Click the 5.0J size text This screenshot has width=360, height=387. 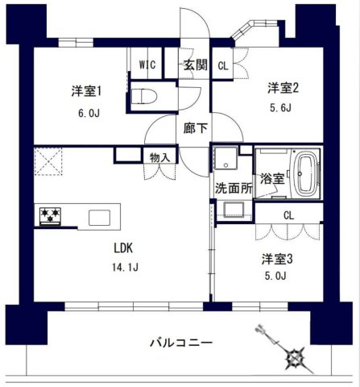278,281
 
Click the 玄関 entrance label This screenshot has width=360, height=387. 194,65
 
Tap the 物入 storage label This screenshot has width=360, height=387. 159,158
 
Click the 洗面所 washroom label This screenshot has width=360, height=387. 232,188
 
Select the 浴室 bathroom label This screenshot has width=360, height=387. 271,178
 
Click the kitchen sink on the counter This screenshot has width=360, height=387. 99,218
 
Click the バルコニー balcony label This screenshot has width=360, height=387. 181,343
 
